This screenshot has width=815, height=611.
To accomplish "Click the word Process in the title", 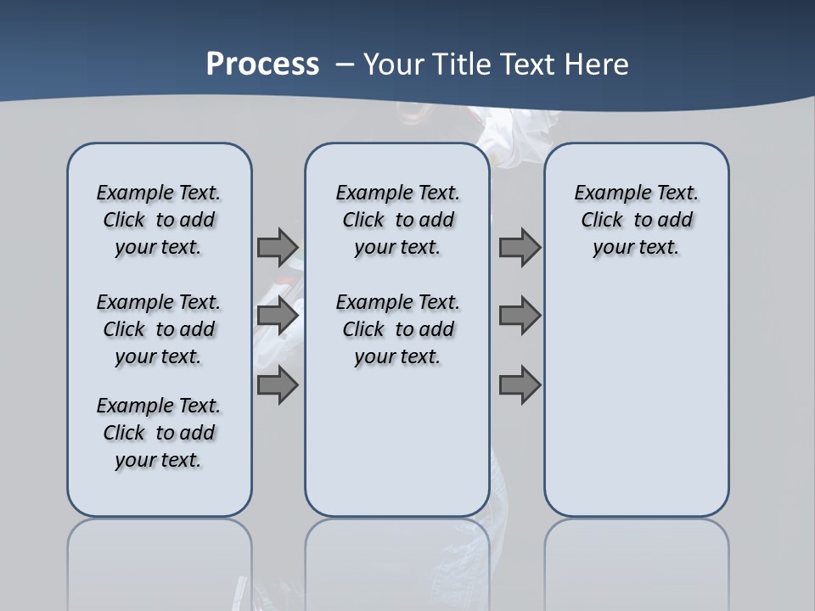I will (x=262, y=64).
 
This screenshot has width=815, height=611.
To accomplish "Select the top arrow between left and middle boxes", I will (x=278, y=247).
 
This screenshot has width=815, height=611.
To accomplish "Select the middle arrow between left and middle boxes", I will (x=278, y=316).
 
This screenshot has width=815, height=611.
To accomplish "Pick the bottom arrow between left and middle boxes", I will (x=278, y=384).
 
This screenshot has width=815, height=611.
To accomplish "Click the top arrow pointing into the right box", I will (x=520, y=247).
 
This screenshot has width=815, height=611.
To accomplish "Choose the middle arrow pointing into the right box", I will (x=520, y=316).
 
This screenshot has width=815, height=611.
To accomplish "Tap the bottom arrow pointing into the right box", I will (x=520, y=384).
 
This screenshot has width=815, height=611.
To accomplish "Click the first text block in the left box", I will (x=159, y=220).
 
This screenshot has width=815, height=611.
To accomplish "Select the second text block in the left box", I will (x=159, y=329).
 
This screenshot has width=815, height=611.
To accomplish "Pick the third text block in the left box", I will (x=159, y=433).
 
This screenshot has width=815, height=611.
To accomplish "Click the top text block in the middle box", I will (x=397, y=220).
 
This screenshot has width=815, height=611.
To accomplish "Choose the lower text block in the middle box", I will (x=397, y=329).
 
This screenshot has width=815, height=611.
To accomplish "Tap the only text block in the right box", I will (x=636, y=220).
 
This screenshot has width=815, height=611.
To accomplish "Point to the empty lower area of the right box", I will (x=636, y=399).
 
